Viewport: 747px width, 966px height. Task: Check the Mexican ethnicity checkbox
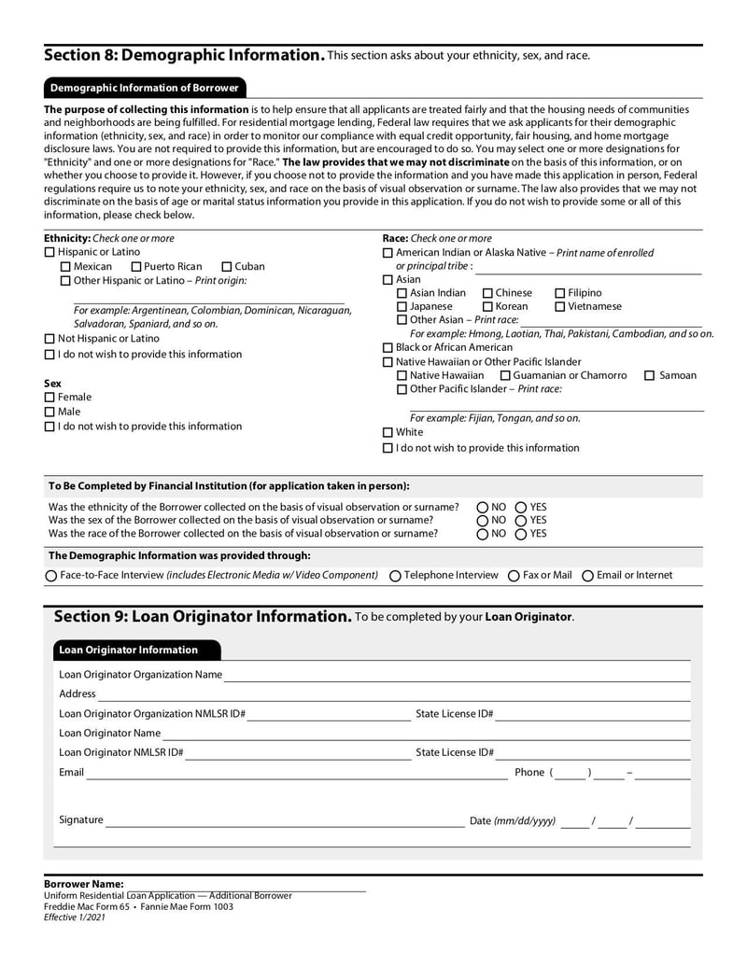pyautogui.click(x=65, y=267)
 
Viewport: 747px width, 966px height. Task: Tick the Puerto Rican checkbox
pyautogui.click(x=137, y=267)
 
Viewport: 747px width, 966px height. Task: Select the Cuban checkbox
pyautogui.click(x=227, y=267)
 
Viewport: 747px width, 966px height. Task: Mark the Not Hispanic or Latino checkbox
pyautogui.click(x=50, y=339)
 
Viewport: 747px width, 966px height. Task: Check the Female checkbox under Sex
pyautogui.click(x=50, y=398)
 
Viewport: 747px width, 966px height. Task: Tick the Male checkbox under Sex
pyautogui.click(x=50, y=413)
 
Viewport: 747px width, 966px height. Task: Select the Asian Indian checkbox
pyautogui.click(x=402, y=294)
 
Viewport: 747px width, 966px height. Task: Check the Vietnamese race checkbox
pyautogui.click(x=560, y=307)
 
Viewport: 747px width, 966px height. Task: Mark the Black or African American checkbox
pyautogui.click(x=388, y=348)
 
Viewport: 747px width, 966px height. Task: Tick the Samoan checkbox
pyautogui.click(x=650, y=376)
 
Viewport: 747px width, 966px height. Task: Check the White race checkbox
pyautogui.click(x=388, y=433)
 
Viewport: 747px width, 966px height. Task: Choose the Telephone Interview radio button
pyautogui.click(x=395, y=576)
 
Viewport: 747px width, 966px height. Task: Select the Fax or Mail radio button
pyautogui.click(x=514, y=576)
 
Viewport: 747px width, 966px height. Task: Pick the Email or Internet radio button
pyautogui.click(x=587, y=576)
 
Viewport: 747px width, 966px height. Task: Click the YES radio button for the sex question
pyautogui.click(x=521, y=521)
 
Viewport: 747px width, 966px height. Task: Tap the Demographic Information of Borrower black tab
pyautogui.click(x=145, y=89)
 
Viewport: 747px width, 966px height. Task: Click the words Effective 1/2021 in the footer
pyautogui.click(x=75, y=918)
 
